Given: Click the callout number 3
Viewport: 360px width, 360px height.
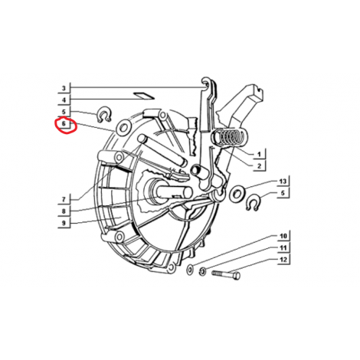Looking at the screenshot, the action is pyautogui.click(x=64, y=88).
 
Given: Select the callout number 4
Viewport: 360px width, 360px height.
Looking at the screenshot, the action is pyautogui.click(x=64, y=100).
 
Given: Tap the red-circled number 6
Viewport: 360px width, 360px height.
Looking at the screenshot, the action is pyautogui.click(x=64, y=123).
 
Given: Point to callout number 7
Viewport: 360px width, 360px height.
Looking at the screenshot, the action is pyautogui.click(x=64, y=199).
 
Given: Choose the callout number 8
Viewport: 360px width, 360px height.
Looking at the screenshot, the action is pyautogui.click(x=64, y=211).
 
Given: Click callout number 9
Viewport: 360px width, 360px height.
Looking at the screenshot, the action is pyautogui.click(x=64, y=223).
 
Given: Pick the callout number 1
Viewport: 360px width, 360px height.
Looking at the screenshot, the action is pyautogui.click(x=259, y=154).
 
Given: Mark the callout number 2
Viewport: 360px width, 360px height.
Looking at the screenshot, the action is pyautogui.click(x=259, y=166).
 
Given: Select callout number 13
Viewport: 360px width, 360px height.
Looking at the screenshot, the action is pyautogui.click(x=283, y=182).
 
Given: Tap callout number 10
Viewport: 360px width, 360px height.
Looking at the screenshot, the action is pyautogui.click(x=283, y=236).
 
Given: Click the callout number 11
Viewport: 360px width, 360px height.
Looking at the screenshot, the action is pyautogui.click(x=283, y=248).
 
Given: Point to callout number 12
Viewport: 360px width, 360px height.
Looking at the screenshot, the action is pyautogui.click(x=283, y=260).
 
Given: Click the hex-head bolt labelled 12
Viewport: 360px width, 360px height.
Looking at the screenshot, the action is pyautogui.click(x=226, y=274).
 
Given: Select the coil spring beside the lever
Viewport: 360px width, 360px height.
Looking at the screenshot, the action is pyautogui.click(x=227, y=137).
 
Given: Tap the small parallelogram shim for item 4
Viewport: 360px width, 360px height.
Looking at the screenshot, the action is pyautogui.click(x=144, y=96).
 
